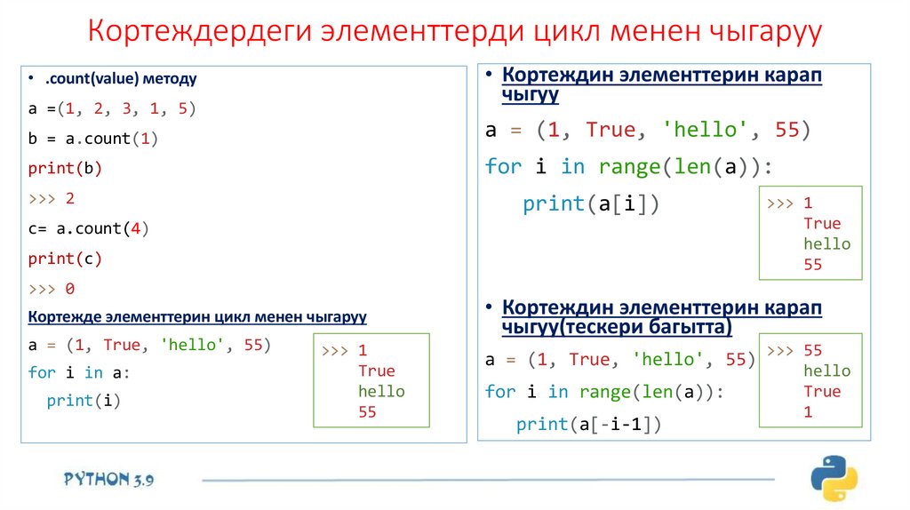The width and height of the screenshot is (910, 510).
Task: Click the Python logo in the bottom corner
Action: pyautogui.click(x=833, y=479)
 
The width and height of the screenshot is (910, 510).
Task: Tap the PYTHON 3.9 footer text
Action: pyautogui.click(x=108, y=480)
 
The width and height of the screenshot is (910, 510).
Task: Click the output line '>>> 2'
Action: pyautogui.click(x=52, y=198)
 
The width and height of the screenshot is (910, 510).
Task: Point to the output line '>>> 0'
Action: pyautogui.click(x=52, y=289)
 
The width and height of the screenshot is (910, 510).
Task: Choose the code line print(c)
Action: pyautogui.click(x=65, y=259)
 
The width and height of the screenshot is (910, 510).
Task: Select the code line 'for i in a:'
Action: pyautogui.click(x=79, y=372)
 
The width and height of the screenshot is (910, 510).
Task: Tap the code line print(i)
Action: pyautogui.click(x=83, y=401)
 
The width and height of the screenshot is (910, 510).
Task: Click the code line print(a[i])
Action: pyautogui.click(x=591, y=203)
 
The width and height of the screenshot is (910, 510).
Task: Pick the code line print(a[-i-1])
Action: pyautogui.click(x=589, y=425)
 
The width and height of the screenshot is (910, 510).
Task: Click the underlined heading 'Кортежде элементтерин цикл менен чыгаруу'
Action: pyautogui.click(x=197, y=316)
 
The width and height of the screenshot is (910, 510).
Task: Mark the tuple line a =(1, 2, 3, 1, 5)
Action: pyautogui.click(x=111, y=108)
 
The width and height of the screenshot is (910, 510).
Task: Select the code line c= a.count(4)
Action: pyautogui.click(x=89, y=228)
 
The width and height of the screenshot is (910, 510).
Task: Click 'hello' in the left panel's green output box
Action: pyautogui.click(x=381, y=391)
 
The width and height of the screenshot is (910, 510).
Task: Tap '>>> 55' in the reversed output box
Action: pyautogui.click(x=796, y=350)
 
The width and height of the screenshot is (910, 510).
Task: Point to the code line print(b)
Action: pyautogui.click(x=65, y=168)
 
